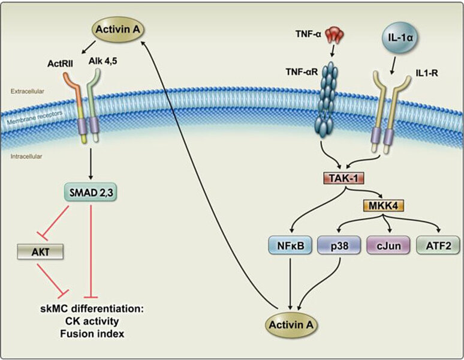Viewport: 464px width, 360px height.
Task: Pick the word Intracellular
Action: point(26,158)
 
